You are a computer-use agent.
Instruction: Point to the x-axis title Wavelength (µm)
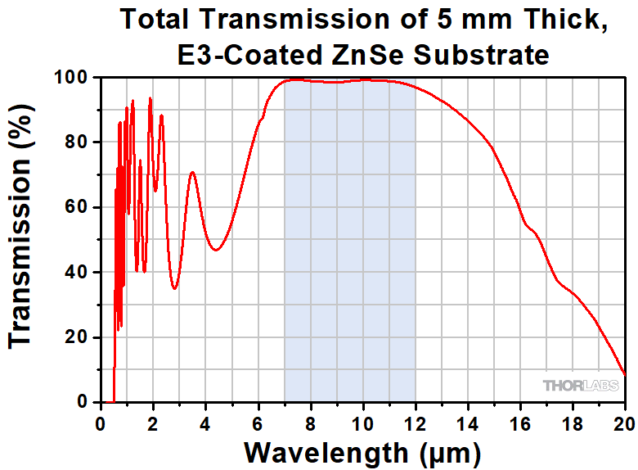(362, 451)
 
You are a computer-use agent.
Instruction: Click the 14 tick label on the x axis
(467, 423)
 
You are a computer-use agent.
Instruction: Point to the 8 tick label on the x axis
(310, 423)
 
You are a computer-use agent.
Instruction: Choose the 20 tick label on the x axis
(624, 423)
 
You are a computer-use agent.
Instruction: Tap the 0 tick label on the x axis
(100, 423)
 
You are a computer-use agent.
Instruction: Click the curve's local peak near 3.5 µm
(192, 172)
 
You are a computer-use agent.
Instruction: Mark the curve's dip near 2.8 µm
(174, 288)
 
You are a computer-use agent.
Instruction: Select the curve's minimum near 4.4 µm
(215, 250)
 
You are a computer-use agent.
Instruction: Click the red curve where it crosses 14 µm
(467, 120)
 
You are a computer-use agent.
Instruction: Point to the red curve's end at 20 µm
(625, 374)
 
